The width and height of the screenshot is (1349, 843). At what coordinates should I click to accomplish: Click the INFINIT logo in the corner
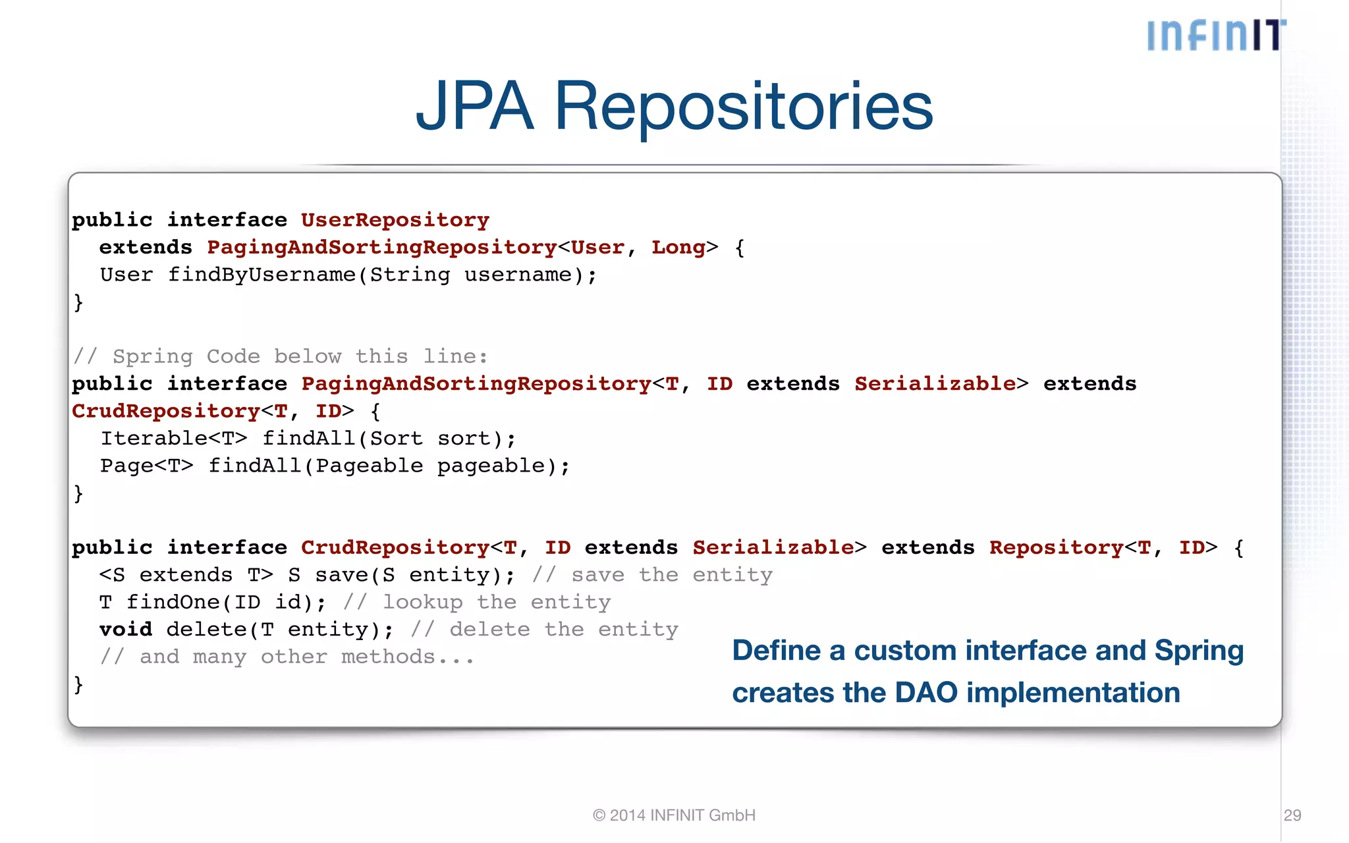click(1216, 35)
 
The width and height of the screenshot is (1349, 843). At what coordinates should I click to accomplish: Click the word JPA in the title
click(474, 106)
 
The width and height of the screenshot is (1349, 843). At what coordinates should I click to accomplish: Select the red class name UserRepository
click(395, 220)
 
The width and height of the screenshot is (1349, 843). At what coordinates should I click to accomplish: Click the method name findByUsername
click(262, 275)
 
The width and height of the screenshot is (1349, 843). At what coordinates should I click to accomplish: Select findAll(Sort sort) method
click(389, 439)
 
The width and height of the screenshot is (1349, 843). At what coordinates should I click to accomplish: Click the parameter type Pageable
click(369, 466)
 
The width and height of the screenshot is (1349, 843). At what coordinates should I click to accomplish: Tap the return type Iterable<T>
click(173, 439)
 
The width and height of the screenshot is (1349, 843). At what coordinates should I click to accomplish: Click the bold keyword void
click(126, 630)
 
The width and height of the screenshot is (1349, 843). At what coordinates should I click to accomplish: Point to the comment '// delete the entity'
click(544, 630)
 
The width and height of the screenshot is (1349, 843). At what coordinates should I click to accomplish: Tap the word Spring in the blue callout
click(1199, 651)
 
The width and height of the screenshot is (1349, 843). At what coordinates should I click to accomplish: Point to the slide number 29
click(1292, 815)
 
